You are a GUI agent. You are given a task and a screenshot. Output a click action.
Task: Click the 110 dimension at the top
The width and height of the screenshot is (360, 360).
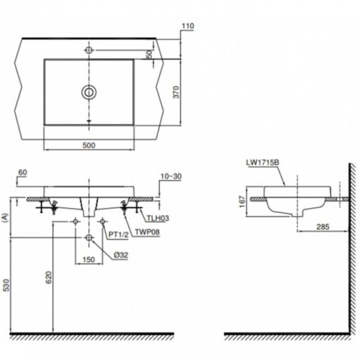point(188,25)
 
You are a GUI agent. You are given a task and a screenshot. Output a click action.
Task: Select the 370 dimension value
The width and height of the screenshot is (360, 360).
point(176,92)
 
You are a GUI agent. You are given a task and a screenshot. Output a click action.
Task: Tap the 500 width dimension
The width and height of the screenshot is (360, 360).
point(89,145)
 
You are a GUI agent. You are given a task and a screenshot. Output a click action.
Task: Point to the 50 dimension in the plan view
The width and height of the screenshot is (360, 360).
point(149,54)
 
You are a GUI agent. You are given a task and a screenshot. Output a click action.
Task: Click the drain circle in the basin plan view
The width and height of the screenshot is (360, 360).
point(89,92)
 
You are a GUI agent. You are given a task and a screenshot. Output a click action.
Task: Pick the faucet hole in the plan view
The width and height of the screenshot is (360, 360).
point(89,50)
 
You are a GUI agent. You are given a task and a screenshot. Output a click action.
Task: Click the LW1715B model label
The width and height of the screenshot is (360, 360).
point(263,162)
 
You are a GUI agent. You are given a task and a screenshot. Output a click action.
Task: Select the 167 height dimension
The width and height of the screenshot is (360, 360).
point(242,202)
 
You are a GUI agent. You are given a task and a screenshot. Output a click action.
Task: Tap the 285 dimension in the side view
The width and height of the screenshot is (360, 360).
point(323,227)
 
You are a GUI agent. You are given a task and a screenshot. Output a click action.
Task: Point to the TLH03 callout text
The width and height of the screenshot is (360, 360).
point(158,218)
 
